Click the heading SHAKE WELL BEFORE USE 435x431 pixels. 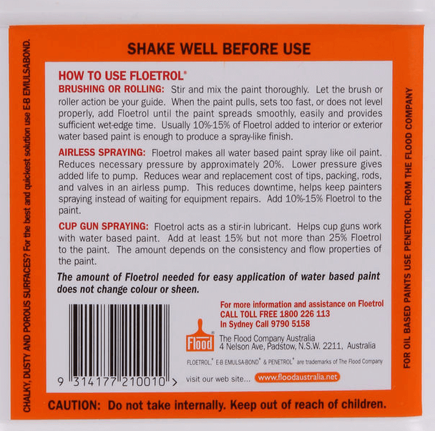pyautogui.click(x=218, y=49)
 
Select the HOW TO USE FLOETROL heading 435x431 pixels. pyautogui.click(x=122, y=75)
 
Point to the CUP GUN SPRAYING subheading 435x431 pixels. pyautogui.click(x=104, y=225)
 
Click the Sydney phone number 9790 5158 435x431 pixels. pyautogui.click(x=305, y=323)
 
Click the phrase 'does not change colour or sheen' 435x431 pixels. pyautogui.click(x=127, y=289)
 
